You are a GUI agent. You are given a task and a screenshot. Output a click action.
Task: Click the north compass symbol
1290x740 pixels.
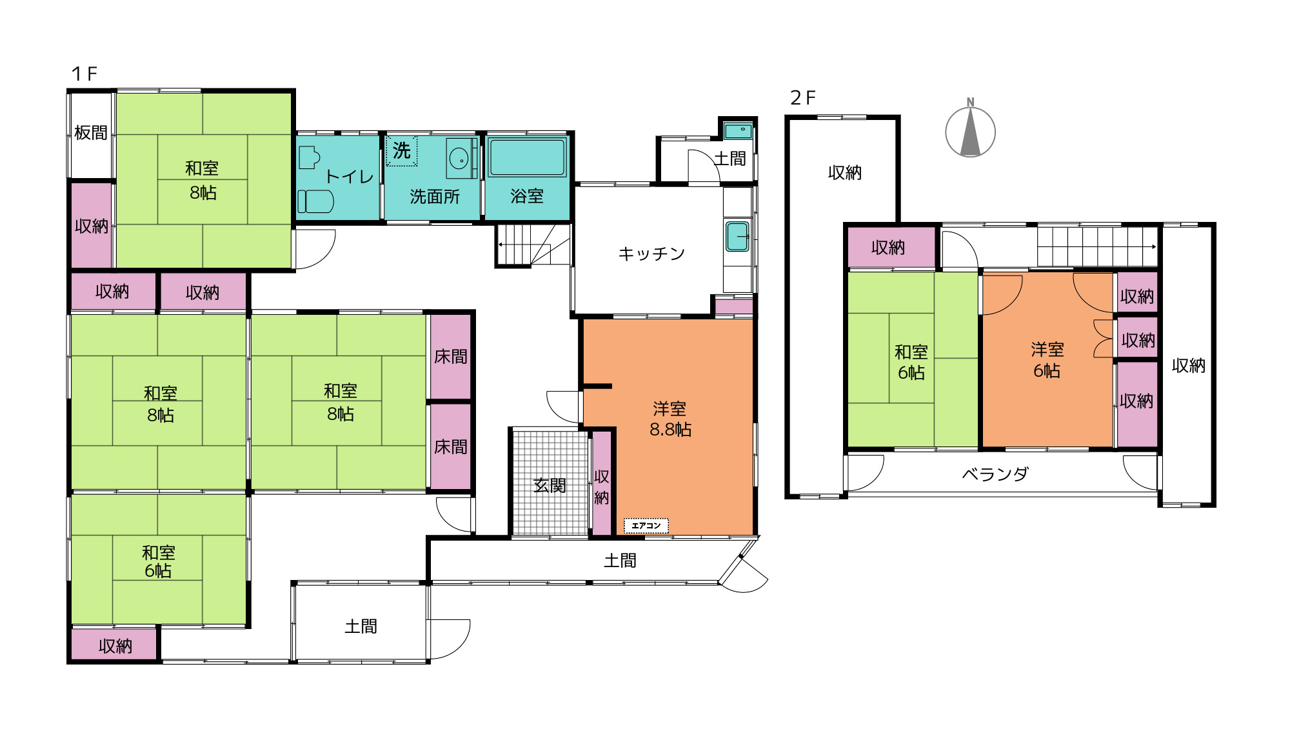coord(970,132)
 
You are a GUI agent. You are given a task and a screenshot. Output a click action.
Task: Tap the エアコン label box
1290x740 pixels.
coord(646,526)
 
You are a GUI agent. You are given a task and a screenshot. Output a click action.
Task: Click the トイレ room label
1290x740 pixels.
coord(349,177)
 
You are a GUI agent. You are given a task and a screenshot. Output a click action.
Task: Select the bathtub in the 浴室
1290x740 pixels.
coord(527,157)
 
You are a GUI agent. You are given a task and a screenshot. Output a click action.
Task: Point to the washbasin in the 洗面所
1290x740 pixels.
coord(459,158)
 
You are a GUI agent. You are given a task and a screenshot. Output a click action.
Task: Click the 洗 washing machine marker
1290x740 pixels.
coord(401,151)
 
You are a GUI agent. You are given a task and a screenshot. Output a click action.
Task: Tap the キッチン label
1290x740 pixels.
coord(651,254)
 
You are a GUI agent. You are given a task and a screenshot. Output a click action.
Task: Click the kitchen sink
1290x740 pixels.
coord(737,236)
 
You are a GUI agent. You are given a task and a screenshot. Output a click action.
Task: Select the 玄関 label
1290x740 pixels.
coord(550,485)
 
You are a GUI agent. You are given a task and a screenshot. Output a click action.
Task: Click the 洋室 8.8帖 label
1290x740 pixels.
coord(670,419)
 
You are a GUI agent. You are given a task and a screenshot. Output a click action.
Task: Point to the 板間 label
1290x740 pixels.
coord(91,133)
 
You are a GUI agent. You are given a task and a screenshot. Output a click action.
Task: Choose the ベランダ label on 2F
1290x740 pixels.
coord(995,474)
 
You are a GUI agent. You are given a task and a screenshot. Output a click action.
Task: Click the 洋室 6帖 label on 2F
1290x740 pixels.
coord(1047,360)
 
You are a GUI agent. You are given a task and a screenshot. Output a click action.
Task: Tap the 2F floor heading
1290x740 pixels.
coord(803,98)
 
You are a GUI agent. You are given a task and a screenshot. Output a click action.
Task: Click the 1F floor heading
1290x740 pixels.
coord(84,74)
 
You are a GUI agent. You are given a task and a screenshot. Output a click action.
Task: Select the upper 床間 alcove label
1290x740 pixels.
coord(450,356)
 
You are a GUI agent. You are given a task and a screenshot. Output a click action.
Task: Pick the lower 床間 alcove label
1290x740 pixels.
coord(450,446)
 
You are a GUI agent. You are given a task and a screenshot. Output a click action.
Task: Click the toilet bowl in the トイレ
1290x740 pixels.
coord(315,201)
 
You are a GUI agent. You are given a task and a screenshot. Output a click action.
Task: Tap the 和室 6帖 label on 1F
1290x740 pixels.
coord(159,561)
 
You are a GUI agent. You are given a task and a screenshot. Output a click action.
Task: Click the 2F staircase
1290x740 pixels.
coord(1096,246)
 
